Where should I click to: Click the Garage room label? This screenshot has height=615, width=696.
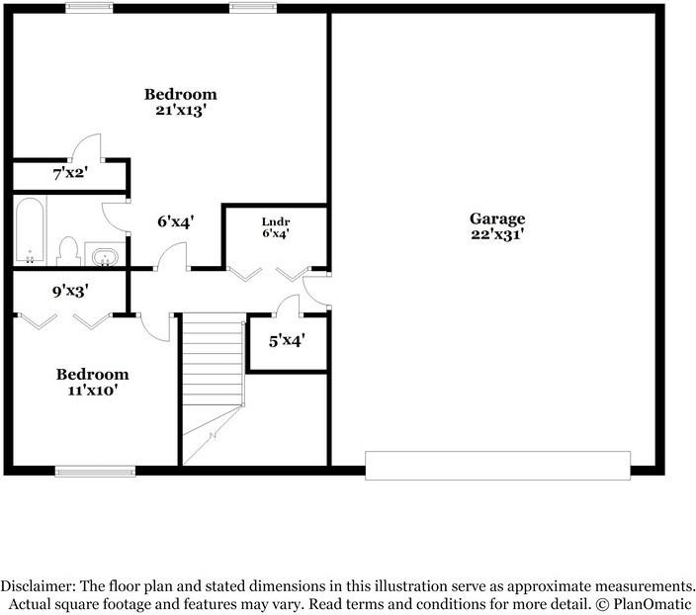(x=496, y=219)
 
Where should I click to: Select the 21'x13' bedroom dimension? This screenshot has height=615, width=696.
(x=180, y=110)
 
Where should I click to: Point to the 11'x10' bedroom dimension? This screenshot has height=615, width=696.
(x=92, y=390)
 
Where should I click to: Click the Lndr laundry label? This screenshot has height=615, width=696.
(x=275, y=220)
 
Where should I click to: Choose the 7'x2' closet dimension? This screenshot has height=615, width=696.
(x=71, y=174)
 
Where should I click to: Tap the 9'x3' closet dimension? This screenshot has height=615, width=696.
(x=71, y=292)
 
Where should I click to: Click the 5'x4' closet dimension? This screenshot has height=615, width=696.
(x=287, y=341)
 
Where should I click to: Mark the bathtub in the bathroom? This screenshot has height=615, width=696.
(x=29, y=231)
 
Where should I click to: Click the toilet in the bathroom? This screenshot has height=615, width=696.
(x=68, y=251)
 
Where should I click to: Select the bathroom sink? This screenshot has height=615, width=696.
(x=104, y=257)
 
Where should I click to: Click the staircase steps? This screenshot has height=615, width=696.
(x=214, y=366)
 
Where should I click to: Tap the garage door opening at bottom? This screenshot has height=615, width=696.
(x=497, y=465)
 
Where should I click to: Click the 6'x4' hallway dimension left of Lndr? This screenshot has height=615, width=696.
(x=175, y=221)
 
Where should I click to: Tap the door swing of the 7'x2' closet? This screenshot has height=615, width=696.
(x=84, y=146)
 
